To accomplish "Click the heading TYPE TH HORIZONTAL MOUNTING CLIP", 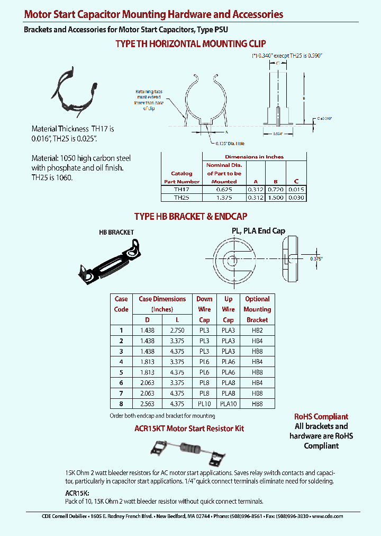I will [190, 44].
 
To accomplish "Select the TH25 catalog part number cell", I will [181, 197].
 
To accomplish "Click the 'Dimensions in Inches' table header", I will [254, 157].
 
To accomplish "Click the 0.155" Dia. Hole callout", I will [230, 144].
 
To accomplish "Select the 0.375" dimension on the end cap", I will [315, 258].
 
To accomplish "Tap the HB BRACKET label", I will [116, 232].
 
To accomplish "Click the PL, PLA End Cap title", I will [258, 231].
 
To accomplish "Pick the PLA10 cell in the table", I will [228, 404].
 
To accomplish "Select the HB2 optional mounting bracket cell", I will [257, 330].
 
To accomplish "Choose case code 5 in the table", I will [121, 372].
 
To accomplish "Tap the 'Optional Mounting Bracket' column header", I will [257, 309].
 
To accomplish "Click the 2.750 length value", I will [177, 330].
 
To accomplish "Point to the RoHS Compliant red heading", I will [321, 417].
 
